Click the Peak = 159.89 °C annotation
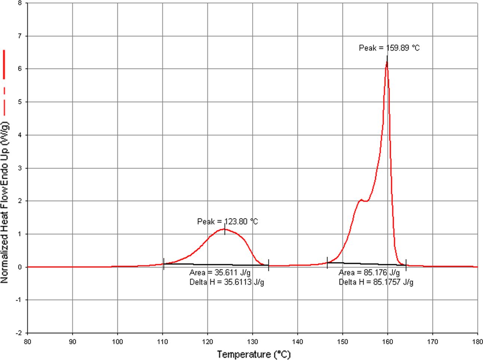[389, 48]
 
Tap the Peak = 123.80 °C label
[227, 222]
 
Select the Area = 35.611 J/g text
[220, 273]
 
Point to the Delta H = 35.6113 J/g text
[227, 282]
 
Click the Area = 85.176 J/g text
[369, 273]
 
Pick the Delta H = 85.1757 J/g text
[376, 282]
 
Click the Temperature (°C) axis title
[253, 354]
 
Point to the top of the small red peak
[224, 229]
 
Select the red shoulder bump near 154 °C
[361, 200]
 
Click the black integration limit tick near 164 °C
[406, 265]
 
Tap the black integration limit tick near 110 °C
[163, 264]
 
